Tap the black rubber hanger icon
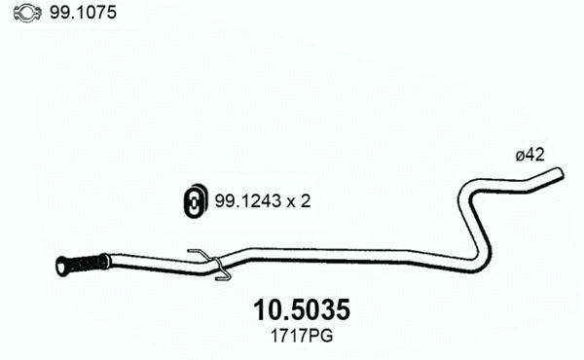[194, 200]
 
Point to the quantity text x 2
[297, 201]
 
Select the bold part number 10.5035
[301, 310]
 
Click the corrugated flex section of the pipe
[89, 262]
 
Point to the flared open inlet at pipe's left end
[62, 266]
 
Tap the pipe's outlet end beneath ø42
[558, 174]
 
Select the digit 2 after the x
[307, 201]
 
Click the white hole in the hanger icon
[193, 202]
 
